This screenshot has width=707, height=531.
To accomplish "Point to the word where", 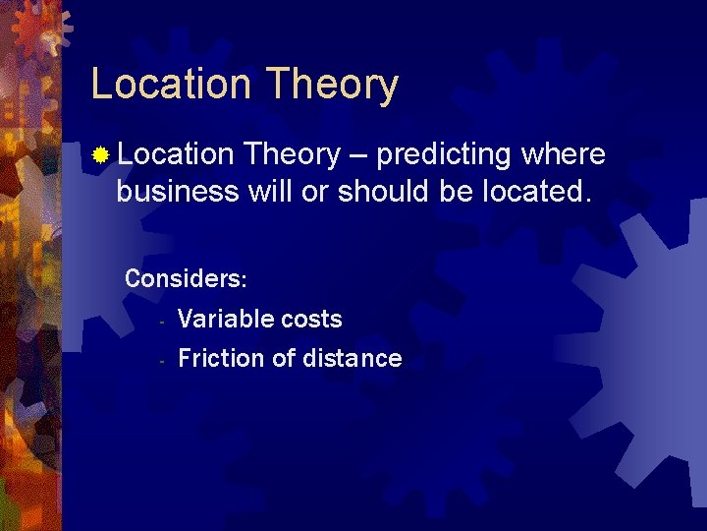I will tap(564, 154).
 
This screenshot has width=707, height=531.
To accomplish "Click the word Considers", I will tap(185, 279).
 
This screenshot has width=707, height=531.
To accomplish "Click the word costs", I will tap(311, 320).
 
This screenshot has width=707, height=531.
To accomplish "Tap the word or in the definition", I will tap(314, 191).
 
